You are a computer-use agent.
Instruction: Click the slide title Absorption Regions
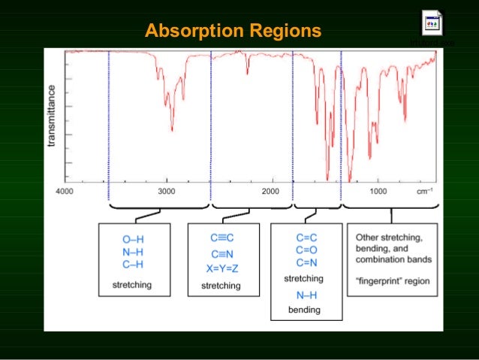click(x=233, y=32)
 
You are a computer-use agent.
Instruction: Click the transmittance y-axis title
click(x=52, y=116)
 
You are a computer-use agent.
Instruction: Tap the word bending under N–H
click(x=304, y=310)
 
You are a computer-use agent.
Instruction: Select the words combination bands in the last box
click(x=394, y=260)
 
